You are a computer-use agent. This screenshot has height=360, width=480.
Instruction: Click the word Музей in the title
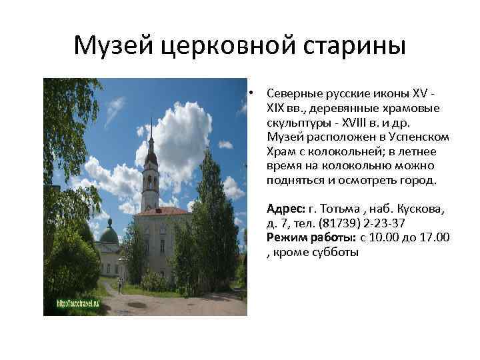click(x=113, y=46)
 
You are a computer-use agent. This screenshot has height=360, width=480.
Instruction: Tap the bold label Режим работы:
click(x=311, y=237)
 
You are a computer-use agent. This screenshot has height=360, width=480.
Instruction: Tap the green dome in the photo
click(x=109, y=233)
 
